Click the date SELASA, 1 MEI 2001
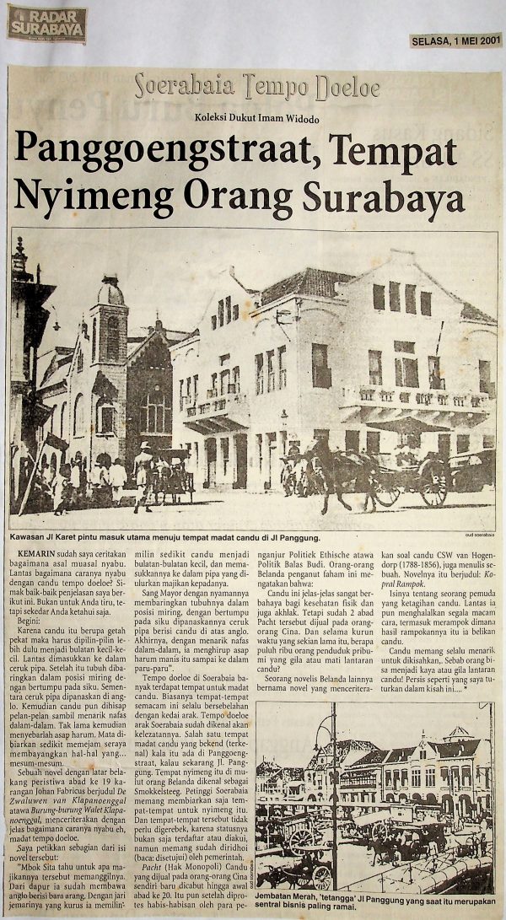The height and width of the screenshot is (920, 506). coord(456,40)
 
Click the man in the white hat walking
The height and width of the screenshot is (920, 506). coord(143,472)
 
